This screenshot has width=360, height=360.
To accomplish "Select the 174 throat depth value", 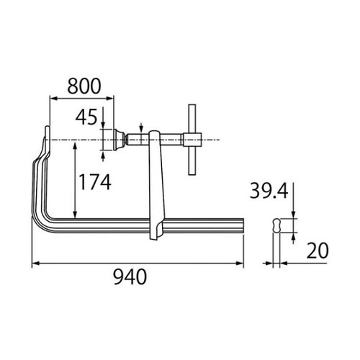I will coord(94,183).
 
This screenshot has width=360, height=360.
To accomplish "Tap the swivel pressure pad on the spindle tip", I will coord(113,138).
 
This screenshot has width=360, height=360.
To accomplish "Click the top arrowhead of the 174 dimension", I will coord(74,143).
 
